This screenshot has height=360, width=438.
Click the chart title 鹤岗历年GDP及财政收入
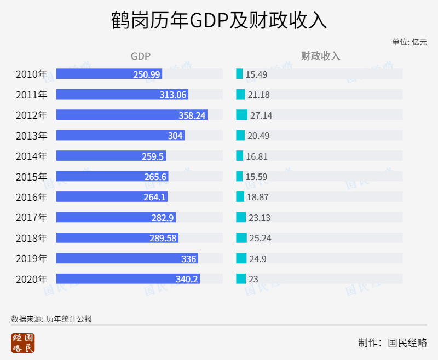219,20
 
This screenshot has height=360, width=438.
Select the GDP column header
140,56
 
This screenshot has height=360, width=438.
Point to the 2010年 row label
32,74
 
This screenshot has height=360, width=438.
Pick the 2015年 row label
32,176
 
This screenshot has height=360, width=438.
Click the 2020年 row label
32,279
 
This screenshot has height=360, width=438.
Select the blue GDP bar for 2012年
131,115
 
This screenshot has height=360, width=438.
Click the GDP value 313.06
173,95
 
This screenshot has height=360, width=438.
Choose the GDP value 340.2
187,279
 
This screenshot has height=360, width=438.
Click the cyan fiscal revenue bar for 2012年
241,115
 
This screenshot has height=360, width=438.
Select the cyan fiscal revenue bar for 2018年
241,238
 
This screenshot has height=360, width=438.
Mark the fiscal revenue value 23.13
259,218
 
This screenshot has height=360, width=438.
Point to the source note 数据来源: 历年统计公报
51,318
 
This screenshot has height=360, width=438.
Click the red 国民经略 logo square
22,343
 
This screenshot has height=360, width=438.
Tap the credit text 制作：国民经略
392,343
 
